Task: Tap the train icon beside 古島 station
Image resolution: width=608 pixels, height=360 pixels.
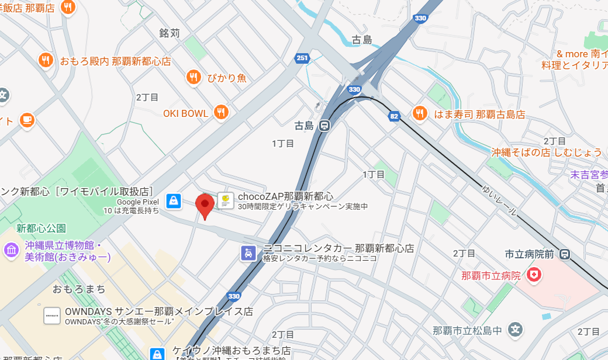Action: [x=325, y=126]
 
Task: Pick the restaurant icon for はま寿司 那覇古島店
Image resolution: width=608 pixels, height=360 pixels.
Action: [x=419, y=114]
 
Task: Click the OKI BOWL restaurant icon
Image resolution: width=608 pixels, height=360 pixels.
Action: [x=220, y=113]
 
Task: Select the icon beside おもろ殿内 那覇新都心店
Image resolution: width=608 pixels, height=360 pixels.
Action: [x=46, y=60]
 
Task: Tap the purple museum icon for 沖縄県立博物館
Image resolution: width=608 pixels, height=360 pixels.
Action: [x=11, y=251]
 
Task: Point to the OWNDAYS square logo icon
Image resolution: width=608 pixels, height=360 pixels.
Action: [x=53, y=316]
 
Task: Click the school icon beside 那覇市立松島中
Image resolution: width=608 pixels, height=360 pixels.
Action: [x=515, y=330]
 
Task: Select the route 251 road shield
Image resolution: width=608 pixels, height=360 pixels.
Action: [x=302, y=58]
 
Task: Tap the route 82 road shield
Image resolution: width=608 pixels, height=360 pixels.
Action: [x=395, y=117]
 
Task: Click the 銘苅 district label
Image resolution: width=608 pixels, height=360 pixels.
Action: [x=170, y=33]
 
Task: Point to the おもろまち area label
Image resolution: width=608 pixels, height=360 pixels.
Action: [x=79, y=289]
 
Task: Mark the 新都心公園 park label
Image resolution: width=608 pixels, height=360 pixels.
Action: [x=41, y=228]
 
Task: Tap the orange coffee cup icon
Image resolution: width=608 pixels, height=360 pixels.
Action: [x=27, y=120]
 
